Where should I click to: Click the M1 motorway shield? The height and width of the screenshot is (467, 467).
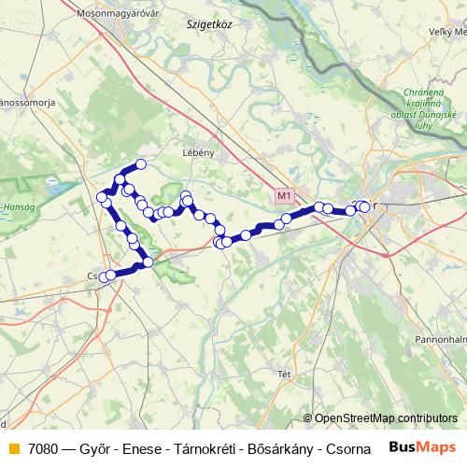coord(285,196)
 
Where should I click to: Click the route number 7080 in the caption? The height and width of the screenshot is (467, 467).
coord(45,447)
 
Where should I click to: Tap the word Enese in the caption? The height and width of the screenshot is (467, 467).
coord(144,447)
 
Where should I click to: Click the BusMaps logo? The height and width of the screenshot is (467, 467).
coord(423,446)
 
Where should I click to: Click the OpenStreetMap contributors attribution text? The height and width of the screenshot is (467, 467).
coord(386,418)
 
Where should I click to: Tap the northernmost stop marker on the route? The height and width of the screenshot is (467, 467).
coord(141,164)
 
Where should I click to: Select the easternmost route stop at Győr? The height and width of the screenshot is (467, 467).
coord(364,206)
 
